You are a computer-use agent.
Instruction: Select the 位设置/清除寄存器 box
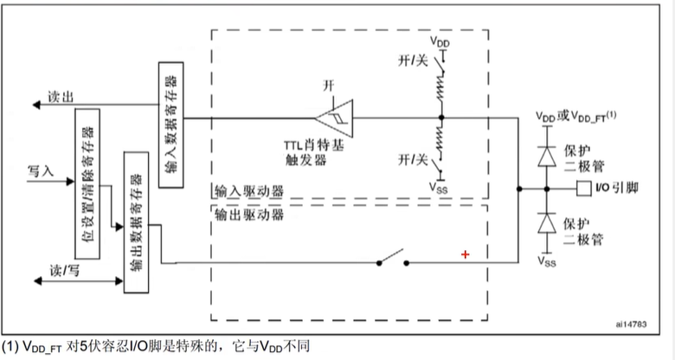pyautogui.click(x=86, y=178)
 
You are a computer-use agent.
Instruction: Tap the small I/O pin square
pyautogui.click(x=581, y=188)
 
